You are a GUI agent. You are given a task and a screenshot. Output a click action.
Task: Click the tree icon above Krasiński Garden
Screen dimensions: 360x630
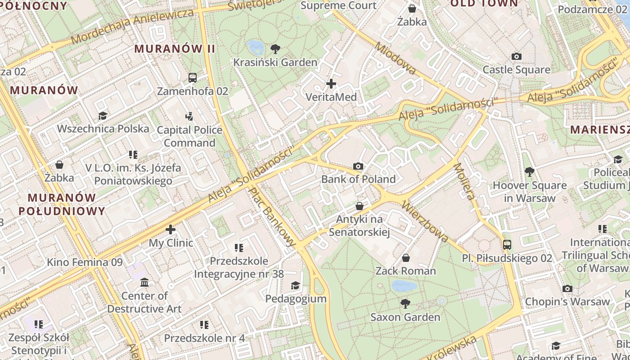click(x=275, y=49)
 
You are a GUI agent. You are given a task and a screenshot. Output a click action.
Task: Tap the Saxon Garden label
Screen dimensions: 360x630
click(x=405, y=317)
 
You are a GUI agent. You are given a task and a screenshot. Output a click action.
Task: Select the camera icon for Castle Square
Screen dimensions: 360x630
click(x=516, y=56)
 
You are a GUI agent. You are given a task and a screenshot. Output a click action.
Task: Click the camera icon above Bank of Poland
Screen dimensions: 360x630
click(x=358, y=166)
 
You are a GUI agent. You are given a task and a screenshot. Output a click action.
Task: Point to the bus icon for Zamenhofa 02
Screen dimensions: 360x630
click(x=193, y=77)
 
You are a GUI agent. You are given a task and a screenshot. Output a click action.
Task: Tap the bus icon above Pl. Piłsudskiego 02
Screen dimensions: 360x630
click(x=507, y=245)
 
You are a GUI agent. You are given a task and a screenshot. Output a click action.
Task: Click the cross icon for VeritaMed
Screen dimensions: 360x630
click(x=331, y=83)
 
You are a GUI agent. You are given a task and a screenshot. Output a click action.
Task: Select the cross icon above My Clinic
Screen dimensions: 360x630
click(x=171, y=229)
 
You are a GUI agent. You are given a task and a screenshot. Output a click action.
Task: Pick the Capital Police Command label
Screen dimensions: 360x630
click(x=189, y=136)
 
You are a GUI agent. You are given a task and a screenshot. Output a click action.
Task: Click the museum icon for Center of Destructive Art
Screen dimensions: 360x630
click(x=144, y=282)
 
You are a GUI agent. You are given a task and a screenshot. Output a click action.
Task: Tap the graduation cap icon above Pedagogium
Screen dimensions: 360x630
click(x=295, y=285)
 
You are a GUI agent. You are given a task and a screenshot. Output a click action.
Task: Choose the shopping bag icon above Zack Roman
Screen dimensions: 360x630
click(x=406, y=258)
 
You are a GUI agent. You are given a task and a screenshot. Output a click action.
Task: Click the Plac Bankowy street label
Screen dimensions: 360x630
click(x=273, y=216)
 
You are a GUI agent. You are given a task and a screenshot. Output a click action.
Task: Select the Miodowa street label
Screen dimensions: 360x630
click(x=395, y=58)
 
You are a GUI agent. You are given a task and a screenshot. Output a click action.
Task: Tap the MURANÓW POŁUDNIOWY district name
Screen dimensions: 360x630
click(x=67, y=204)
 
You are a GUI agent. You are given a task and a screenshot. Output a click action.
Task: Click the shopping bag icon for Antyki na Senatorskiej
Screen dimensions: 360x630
click(x=360, y=206)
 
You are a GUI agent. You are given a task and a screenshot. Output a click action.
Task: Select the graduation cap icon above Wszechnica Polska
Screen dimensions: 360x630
click(x=103, y=116)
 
